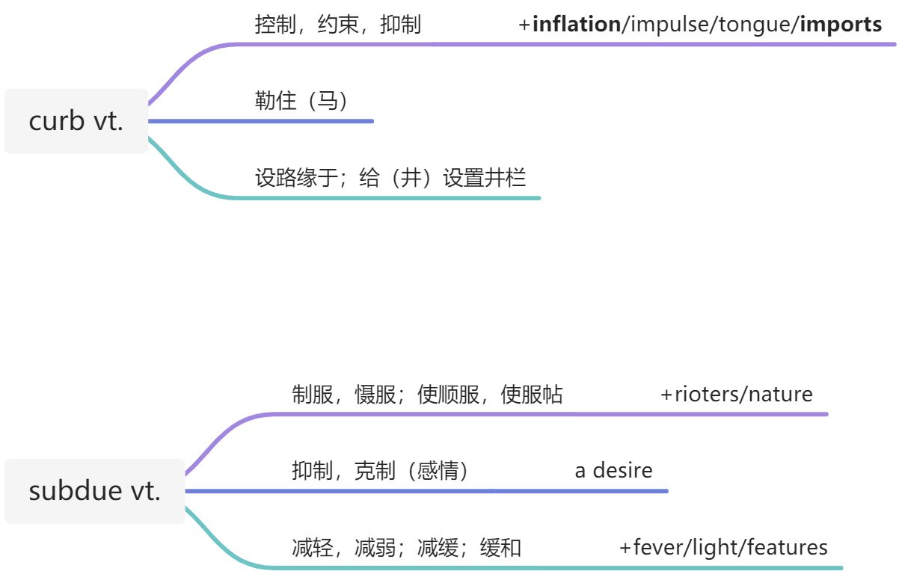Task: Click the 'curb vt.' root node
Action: click(76, 121)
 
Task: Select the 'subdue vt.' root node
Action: click(94, 491)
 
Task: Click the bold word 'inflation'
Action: click(576, 25)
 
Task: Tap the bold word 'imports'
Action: click(841, 25)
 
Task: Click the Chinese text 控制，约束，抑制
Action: click(337, 25)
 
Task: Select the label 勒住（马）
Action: click(301, 101)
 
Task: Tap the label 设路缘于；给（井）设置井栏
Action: click(390, 178)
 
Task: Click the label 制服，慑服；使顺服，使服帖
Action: click(427, 395)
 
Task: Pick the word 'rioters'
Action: click(705, 395)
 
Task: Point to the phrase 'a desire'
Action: click(613, 471)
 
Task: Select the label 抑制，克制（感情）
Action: click(380, 471)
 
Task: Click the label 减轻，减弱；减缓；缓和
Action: click(406, 548)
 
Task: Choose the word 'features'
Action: click(790, 548)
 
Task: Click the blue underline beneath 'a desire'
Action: click(613, 491)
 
